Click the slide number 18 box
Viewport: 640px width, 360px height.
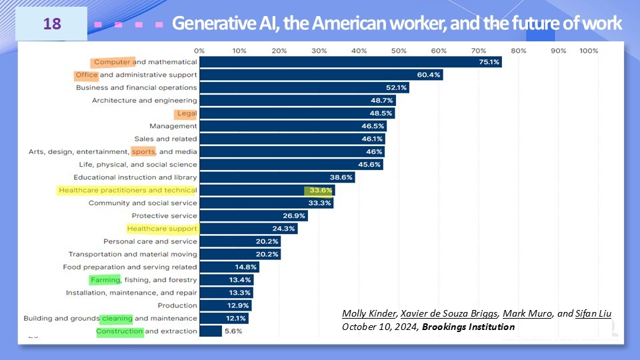52,24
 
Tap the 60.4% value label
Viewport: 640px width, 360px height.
429,75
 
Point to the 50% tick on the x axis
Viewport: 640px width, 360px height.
399,51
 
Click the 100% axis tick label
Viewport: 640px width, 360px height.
589,51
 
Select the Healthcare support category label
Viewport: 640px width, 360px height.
162,229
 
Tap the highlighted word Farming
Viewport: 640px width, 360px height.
105,280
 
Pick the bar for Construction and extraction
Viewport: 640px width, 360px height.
211,331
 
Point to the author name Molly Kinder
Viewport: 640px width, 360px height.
369,314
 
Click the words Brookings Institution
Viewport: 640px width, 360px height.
468,327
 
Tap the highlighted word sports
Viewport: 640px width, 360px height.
143,152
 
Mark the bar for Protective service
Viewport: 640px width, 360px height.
253,216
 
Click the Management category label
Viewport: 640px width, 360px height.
173,126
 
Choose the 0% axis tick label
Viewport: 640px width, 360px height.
199,51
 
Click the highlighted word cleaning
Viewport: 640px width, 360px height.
117,319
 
